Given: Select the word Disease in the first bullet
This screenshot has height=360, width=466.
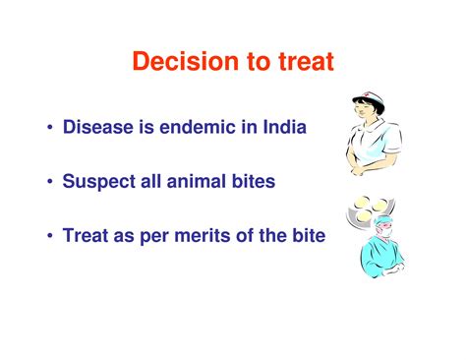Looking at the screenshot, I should click(x=99, y=129).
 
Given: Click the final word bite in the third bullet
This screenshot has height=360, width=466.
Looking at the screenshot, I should click(x=306, y=237).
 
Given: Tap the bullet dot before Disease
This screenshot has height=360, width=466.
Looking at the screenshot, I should click(x=47, y=130).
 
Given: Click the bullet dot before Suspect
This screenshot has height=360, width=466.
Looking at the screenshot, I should click(x=47, y=184).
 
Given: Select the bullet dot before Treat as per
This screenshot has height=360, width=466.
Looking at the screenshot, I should click(x=47, y=238).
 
